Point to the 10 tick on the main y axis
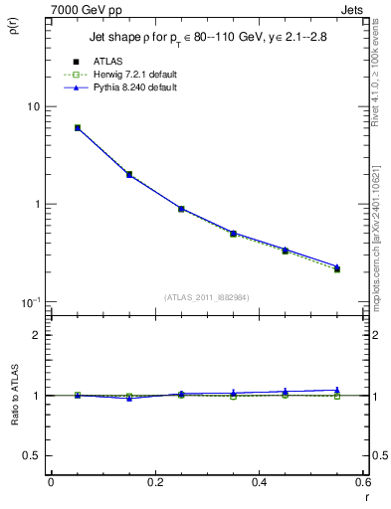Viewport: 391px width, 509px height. [32, 106]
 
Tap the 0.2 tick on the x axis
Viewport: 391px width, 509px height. [154, 482]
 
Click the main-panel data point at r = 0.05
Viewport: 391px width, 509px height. [77, 127]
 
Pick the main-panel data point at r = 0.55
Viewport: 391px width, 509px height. [337, 268]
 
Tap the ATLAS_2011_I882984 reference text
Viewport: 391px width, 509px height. [206, 297]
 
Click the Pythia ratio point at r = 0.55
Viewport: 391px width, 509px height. [337, 390]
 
